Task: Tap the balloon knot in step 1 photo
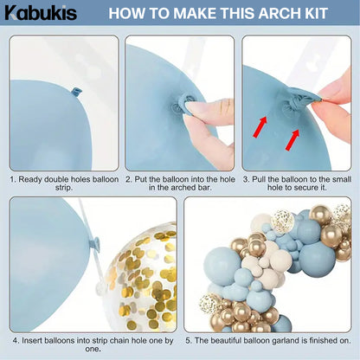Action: (74, 89)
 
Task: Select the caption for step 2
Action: (180, 182)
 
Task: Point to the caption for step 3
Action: (297, 182)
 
